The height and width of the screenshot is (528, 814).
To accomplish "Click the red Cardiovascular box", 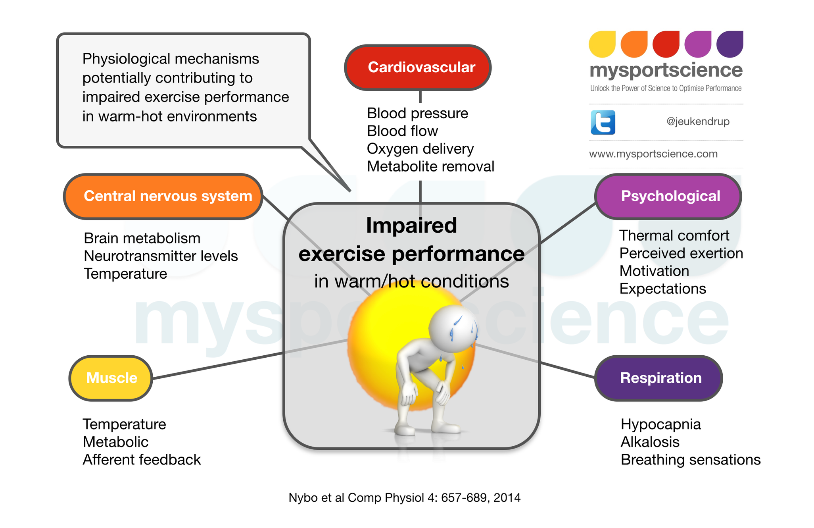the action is coord(418,67).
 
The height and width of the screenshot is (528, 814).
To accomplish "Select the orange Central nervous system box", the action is coord(163,196).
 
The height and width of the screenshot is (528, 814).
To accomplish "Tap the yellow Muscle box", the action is coord(111,378).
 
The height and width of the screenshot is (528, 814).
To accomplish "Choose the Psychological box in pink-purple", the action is coord(668,196).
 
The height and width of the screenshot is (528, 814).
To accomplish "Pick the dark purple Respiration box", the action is coord(658,378).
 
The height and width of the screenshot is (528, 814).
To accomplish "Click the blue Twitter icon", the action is coord(603,122).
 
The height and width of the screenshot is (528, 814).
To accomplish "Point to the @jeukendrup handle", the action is coord(698,121).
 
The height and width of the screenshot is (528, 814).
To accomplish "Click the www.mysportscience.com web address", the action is coord(653,154).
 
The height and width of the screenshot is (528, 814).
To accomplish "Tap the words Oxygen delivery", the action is coord(420,149).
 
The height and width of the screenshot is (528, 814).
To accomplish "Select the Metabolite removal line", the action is coord(430,166).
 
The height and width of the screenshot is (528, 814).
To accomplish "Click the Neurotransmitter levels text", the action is coord(161,256).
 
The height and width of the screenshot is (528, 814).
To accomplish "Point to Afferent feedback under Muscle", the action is coord(142,460).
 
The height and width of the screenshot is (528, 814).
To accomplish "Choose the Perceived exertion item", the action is coord(681,253).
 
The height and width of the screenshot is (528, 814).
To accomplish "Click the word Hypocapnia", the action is coord(660,425).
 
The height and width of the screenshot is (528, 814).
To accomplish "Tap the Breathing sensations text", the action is coord(691,460).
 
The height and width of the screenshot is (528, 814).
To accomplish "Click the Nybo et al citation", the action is coord(404,498).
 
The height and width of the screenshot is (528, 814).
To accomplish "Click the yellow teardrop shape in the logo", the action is coord(602,44).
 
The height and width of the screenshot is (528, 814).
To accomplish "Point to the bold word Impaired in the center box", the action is coord(411,225).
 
